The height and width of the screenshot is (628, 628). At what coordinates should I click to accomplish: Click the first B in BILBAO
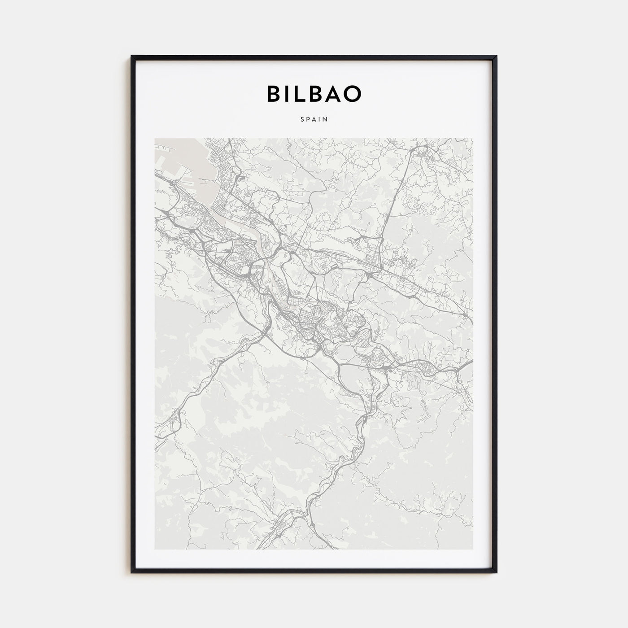point(275,94)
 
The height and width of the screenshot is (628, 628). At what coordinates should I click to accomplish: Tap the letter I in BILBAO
point(289,94)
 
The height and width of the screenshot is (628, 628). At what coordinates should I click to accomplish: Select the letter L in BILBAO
point(302,94)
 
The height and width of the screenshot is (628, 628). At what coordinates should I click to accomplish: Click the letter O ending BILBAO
point(353,94)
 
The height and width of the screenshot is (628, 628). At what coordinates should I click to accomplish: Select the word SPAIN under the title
point(314,120)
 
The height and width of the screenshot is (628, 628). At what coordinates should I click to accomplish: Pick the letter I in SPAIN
point(320,120)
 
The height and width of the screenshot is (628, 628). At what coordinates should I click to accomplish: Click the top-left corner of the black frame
point(132,57)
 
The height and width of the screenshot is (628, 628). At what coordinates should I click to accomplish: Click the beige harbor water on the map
point(188,179)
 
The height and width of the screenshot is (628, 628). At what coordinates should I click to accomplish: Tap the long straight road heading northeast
point(395,202)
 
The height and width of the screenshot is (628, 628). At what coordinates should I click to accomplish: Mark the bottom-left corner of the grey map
point(155,549)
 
